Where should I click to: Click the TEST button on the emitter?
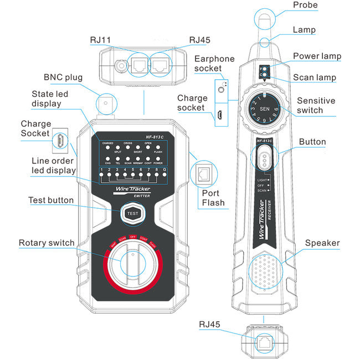[x=132, y=213]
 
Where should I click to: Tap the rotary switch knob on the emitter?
[x=132, y=265]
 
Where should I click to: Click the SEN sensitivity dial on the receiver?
[x=264, y=109]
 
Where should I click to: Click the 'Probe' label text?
[x=305, y=5]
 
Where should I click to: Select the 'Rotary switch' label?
[x=47, y=243]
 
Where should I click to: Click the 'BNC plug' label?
[x=63, y=78]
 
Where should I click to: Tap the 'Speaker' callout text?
[x=322, y=243]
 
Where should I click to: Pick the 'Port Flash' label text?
[x=213, y=197]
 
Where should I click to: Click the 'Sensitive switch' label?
[x=316, y=106]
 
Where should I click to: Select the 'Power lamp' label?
[x=317, y=56]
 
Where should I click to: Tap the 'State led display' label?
[x=50, y=99]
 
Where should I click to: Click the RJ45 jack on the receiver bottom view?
[x=264, y=342]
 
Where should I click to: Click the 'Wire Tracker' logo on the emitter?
[x=132, y=189]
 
